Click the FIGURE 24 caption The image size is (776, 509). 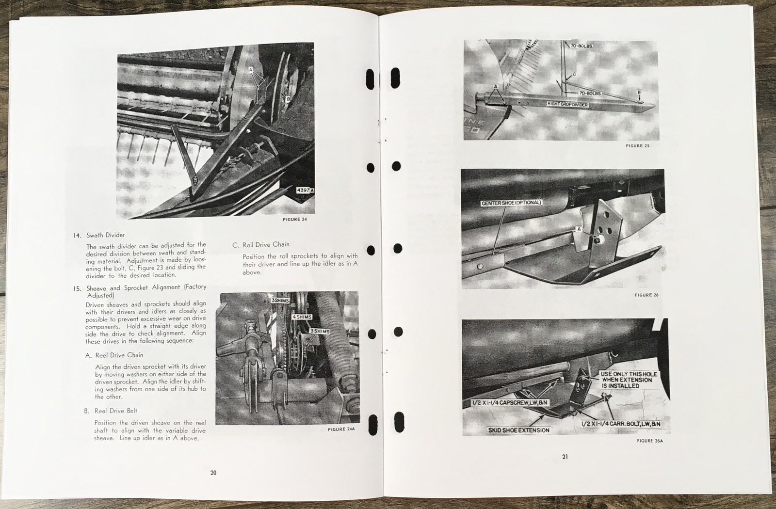[295, 220]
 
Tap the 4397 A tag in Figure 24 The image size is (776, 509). [306, 190]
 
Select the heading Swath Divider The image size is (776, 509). [105, 235]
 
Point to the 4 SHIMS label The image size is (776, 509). [301, 317]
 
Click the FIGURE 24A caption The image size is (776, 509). [341, 429]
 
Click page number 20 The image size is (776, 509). [213, 473]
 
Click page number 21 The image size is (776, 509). [565, 457]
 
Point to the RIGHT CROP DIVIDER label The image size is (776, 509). [567, 104]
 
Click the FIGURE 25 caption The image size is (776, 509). [637, 146]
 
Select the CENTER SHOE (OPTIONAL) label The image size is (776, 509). [511, 203]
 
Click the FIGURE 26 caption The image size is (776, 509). [647, 295]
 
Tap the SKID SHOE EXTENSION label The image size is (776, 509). [518, 430]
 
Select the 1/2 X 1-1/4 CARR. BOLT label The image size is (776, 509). [621, 424]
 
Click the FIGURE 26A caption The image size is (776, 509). [649, 441]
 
